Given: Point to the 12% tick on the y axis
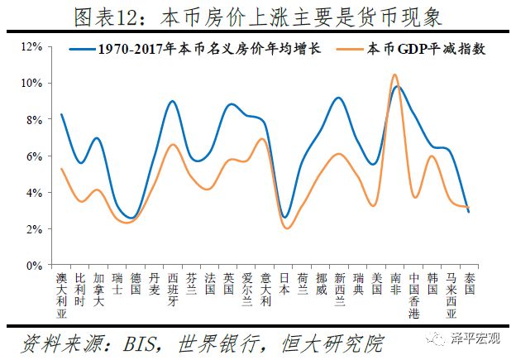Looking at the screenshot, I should tap(31, 46).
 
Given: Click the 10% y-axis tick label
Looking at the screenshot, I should tap(31, 83).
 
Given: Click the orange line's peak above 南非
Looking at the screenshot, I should tap(395, 74).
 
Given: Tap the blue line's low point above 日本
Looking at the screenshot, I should tap(284, 217).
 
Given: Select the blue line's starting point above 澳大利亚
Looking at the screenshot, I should tap(62, 114).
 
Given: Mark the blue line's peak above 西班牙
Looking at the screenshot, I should tap(172, 101).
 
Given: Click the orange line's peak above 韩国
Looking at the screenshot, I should tap(432, 156).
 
